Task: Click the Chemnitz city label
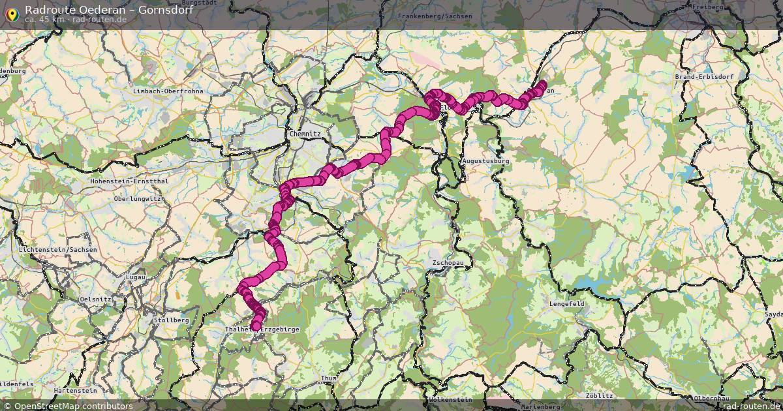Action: coord(305,134)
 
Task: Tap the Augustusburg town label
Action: coord(485,160)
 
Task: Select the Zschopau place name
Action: coord(448,264)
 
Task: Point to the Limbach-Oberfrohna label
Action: coord(168,91)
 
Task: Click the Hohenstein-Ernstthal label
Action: coord(131,181)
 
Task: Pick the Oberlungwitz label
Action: coord(137,198)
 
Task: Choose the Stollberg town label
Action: coord(171,320)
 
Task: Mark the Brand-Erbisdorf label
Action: coord(704,76)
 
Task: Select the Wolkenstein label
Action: coord(450,399)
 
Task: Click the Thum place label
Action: coord(328,378)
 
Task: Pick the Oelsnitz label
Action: coord(95,298)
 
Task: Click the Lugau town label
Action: coord(136,277)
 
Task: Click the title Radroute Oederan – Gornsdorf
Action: coord(109,9)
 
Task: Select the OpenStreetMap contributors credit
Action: coord(73,406)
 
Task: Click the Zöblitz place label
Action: coord(599,395)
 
